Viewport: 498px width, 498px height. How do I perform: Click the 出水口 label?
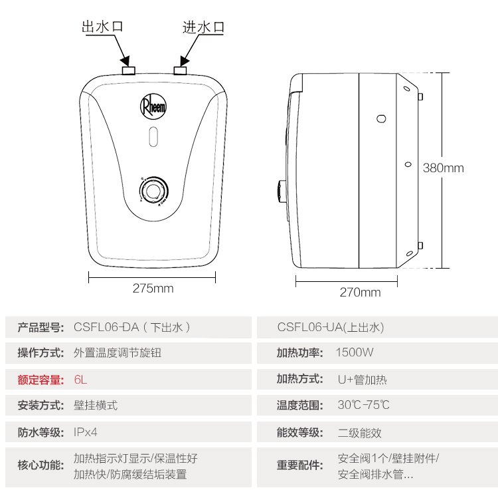coord(102,27)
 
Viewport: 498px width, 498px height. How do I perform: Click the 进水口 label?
coord(203,27)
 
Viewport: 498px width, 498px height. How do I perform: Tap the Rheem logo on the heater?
coord(153,106)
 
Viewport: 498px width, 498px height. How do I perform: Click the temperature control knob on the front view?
coord(154,191)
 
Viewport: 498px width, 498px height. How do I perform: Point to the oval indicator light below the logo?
coord(153,137)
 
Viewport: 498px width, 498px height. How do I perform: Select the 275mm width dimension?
coord(153,289)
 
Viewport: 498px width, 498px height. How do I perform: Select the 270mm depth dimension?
coord(360,293)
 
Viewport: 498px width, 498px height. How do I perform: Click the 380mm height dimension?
coord(444,168)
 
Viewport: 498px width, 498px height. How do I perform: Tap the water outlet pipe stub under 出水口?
coord(129,70)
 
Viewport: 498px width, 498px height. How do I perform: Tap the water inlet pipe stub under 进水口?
coord(180,70)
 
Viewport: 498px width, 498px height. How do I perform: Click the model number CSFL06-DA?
coord(106,327)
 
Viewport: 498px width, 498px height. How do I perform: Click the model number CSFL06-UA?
coord(310,327)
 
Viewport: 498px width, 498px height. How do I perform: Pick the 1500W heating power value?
coord(355,352)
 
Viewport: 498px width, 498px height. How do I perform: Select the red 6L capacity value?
coord(80,380)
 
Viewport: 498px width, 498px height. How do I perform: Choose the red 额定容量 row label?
coord(41,380)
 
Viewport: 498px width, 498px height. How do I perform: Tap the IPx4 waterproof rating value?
coord(86,432)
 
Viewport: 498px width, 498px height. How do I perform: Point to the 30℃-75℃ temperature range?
coord(364,405)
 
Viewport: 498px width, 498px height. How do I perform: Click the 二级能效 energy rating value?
coord(359,432)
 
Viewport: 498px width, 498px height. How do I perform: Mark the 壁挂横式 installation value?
coord(96,406)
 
